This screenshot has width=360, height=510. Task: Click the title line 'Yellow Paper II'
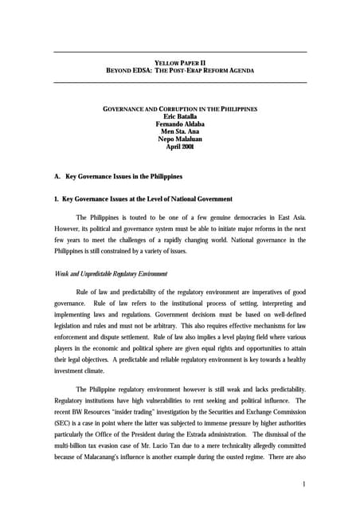coord(180,62)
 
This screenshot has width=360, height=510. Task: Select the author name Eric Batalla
coord(180,116)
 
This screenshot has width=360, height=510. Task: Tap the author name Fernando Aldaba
coord(180,124)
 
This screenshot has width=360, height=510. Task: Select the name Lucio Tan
coord(168,441)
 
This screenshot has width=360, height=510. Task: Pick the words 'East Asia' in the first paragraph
coord(291,218)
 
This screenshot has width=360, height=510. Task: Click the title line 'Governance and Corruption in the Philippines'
coord(180,108)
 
